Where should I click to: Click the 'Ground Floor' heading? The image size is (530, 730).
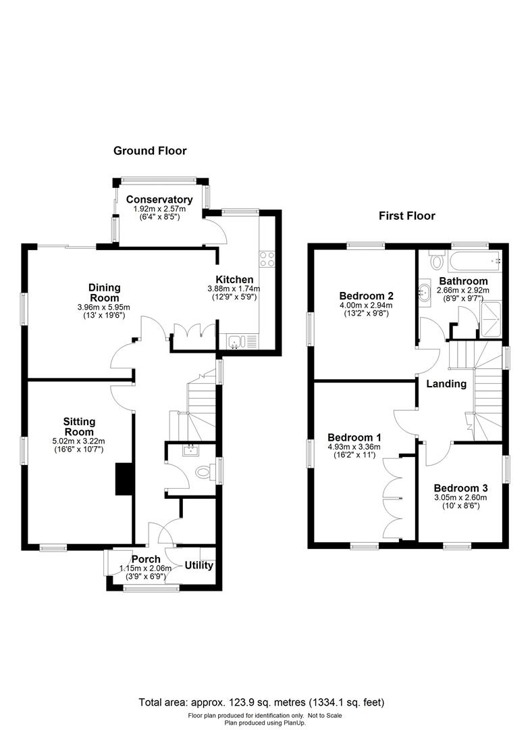coord(149,151)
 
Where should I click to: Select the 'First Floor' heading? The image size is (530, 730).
coord(406,216)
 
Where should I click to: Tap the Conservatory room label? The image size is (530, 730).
coord(159,199)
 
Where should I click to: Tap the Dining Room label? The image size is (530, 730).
coord(104,293)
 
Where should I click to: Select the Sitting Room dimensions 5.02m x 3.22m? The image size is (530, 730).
coord(80,441)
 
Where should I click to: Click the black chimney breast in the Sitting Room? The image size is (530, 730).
coord(124,480)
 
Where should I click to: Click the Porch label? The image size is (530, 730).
coord(146,559)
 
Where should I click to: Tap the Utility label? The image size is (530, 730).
coord(199,565)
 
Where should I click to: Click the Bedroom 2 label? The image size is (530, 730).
coord(367,296)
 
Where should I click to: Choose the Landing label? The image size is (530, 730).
coord(446,383)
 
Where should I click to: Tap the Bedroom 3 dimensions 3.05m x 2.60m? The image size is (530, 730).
coord(461,497)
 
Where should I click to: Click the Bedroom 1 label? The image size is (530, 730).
coord(354,437)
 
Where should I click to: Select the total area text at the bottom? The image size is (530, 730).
coord(261,702)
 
